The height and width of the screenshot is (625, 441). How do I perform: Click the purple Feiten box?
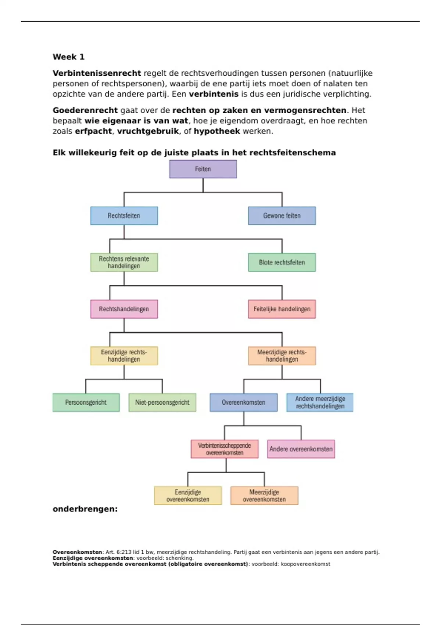[x=203, y=169]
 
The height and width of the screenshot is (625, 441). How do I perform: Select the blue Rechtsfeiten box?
[x=124, y=216]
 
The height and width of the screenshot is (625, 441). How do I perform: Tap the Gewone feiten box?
[x=282, y=216]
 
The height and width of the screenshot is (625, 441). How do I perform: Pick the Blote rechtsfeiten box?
[x=282, y=262]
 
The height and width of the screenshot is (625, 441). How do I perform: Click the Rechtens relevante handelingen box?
[x=124, y=262]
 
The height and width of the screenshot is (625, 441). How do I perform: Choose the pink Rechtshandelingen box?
[x=124, y=309]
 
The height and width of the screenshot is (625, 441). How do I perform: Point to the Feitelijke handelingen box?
[x=282, y=309]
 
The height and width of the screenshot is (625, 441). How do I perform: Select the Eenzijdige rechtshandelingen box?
[x=124, y=356]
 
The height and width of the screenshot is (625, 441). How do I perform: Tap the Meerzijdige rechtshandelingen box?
[x=282, y=356]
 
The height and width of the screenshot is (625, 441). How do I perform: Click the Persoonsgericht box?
[x=86, y=403]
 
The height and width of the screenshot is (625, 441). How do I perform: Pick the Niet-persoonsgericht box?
[x=162, y=403]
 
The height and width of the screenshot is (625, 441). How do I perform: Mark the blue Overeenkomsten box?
[x=243, y=403]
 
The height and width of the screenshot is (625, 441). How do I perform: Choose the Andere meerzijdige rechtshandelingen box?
[x=320, y=403]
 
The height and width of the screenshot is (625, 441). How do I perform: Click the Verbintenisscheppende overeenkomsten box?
[x=225, y=449]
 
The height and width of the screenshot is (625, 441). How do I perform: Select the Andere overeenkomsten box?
[x=301, y=449]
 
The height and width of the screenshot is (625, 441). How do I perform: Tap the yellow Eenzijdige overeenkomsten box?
[x=188, y=496]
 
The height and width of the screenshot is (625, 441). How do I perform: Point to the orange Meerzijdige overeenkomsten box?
[x=264, y=496]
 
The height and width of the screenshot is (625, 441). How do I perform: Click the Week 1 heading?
[x=69, y=57]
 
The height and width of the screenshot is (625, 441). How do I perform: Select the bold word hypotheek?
[x=217, y=131]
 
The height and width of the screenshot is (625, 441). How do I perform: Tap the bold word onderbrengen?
[x=85, y=509]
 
